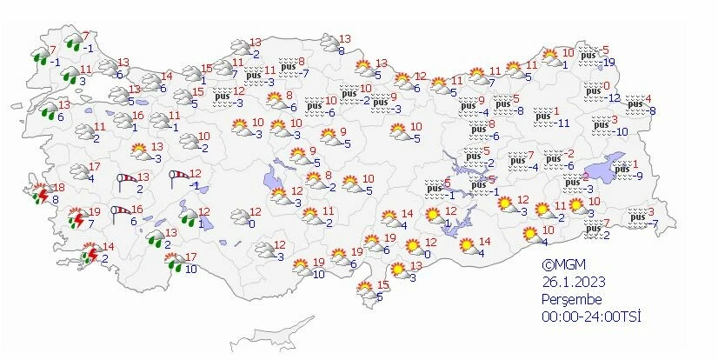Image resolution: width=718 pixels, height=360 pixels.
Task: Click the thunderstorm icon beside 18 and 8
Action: click(x=39, y=192)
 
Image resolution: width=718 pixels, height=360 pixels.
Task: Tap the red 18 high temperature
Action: click(x=59, y=188)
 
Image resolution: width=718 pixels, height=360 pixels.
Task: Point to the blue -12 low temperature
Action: click(x=613, y=97)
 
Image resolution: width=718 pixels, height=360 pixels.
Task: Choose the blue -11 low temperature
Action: click(x=562, y=123)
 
